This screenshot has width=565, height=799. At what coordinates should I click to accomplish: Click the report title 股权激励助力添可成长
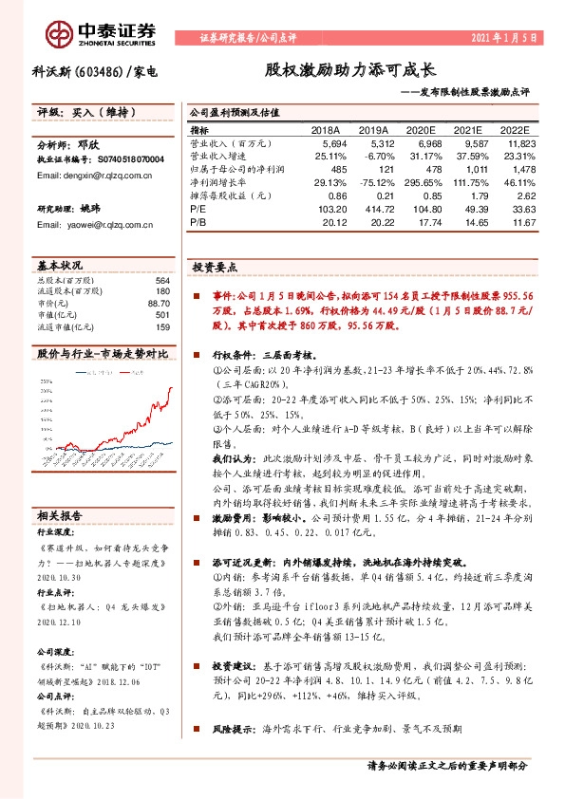tap(349, 70)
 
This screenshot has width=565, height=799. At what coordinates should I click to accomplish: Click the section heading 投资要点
tap(211, 269)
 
